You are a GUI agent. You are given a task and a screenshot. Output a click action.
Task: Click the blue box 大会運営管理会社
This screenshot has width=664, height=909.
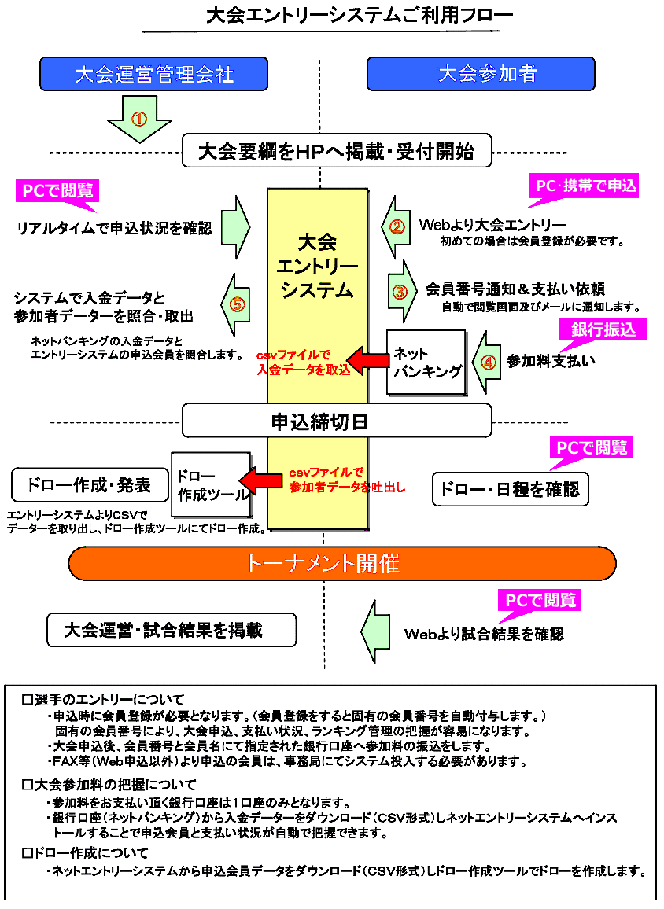(x=154, y=74)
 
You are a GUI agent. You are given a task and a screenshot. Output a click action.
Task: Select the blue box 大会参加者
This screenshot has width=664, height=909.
(x=481, y=74)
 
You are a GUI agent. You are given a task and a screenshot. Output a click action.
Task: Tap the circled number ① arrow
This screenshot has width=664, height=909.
(x=139, y=119)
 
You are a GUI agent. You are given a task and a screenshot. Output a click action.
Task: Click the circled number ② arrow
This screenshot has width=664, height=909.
(x=397, y=227)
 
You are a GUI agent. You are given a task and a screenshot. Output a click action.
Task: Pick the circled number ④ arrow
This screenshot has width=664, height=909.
(x=487, y=362)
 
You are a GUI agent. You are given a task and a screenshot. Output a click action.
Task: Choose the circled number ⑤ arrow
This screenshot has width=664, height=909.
(x=237, y=304)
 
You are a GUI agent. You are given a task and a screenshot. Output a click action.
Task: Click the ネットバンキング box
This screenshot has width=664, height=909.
(x=426, y=362)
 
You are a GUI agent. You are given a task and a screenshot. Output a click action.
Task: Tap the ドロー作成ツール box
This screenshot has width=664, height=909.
(x=210, y=486)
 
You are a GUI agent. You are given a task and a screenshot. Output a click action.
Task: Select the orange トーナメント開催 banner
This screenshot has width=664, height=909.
(x=342, y=564)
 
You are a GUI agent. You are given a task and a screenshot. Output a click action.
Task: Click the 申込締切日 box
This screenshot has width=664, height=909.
(x=337, y=421)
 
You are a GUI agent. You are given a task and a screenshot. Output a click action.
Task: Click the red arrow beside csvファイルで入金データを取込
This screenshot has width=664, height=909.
(x=368, y=362)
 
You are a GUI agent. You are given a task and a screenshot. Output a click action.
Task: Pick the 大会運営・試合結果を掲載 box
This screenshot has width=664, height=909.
(x=171, y=630)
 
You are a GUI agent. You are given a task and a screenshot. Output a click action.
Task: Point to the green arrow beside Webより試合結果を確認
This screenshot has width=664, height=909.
(x=376, y=630)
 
